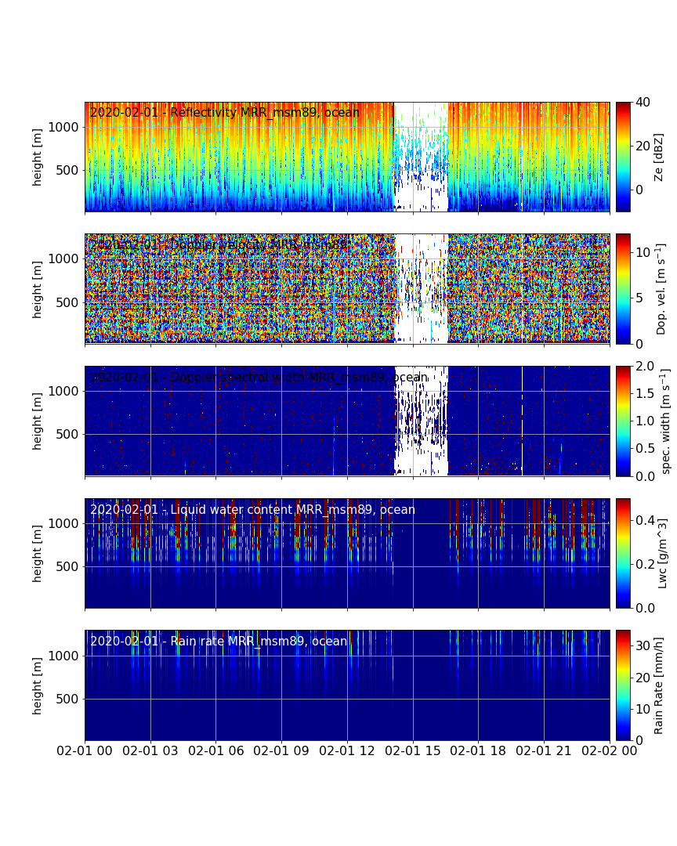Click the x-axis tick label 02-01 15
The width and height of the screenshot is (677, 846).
pyautogui.click(x=413, y=750)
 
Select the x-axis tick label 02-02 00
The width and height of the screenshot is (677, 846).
pyautogui.click(x=610, y=750)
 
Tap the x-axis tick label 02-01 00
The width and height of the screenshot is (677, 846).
pyautogui.click(x=85, y=750)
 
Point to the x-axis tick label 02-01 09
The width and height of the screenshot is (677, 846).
pyautogui.click(x=282, y=750)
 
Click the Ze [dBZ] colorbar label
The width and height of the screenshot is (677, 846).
pyautogui.click(x=659, y=157)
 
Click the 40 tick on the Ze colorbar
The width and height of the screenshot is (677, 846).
pyautogui.click(x=643, y=102)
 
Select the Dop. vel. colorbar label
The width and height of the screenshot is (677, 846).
pyautogui.click(x=661, y=288)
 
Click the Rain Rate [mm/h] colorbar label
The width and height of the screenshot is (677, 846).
pyautogui.click(x=659, y=685)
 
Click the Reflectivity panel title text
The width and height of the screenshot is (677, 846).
pyautogui.click(x=225, y=113)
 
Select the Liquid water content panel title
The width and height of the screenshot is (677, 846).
pyautogui.click(x=252, y=510)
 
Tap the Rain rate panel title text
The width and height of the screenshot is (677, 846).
pyautogui.click(x=219, y=642)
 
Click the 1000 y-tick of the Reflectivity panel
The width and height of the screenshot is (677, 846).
pyautogui.click(x=67, y=127)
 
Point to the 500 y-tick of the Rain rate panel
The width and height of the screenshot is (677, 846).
pyautogui.click(x=71, y=699)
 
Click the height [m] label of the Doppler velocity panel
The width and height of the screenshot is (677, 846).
pyautogui.click(x=38, y=289)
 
